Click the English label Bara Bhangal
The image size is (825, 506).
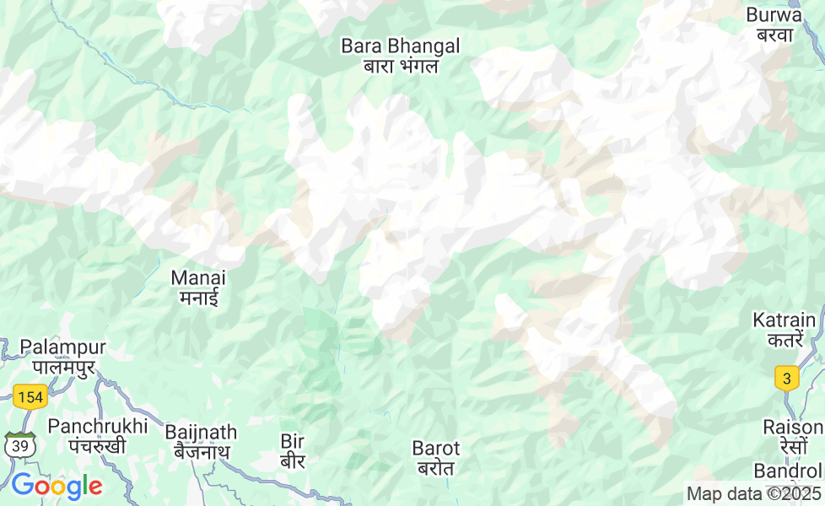401,46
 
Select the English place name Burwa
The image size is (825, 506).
774,15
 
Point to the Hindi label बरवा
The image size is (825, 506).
774,35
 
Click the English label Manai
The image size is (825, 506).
198,277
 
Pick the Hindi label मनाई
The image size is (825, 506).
198,297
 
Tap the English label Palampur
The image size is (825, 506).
63,347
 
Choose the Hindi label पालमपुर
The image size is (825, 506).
63,367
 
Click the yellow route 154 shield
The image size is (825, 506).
30,397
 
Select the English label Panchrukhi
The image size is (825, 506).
98,426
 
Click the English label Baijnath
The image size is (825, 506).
201,432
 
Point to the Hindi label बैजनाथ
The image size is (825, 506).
201,452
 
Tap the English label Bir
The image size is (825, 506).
292,441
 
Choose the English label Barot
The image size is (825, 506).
436,448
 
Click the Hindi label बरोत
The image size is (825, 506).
436,468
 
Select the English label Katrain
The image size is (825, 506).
785,320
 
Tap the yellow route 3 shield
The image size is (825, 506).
787,378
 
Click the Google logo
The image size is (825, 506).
57,486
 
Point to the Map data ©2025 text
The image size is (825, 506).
753,494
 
